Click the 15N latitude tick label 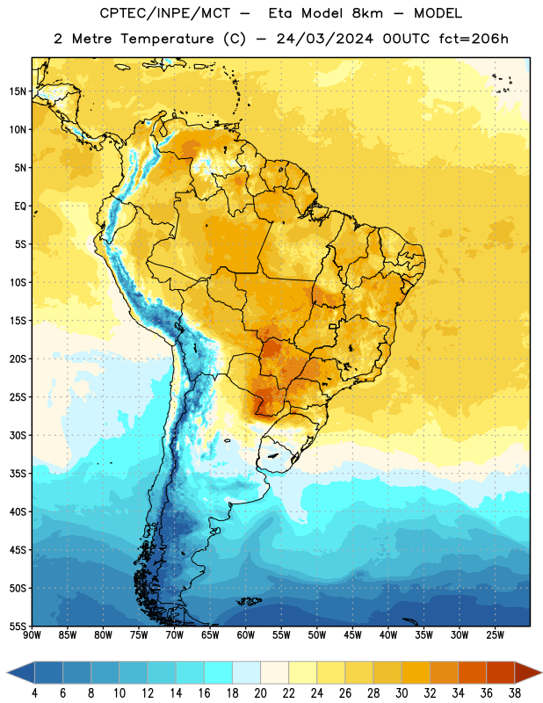[x=18, y=91]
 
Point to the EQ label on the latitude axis [x=20, y=207]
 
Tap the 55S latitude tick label [x=18, y=627]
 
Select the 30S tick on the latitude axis [x=18, y=435]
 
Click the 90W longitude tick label [x=33, y=635]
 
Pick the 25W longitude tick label [x=496, y=635]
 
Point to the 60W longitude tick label [x=246, y=635]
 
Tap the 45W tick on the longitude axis [x=353, y=635]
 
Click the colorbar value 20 [x=260, y=693]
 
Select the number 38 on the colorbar [x=515, y=693]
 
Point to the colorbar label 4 [x=34, y=693]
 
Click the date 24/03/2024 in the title [x=324, y=39]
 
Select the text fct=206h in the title [x=474, y=39]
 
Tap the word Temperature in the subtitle [x=167, y=39]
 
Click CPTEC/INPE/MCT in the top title [x=165, y=13]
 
